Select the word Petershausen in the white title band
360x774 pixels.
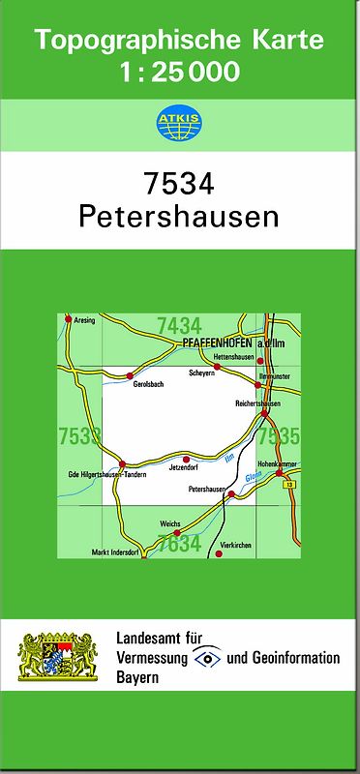click(x=179, y=216)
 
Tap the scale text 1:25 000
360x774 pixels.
click(x=179, y=71)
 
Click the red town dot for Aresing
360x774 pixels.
click(x=68, y=318)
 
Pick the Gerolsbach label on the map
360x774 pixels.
click(x=148, y=384)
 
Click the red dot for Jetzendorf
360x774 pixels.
click(x=186, y=459)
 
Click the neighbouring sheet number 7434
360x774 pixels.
click(x=179, y=325)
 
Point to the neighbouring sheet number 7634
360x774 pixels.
click(x=179, y=544)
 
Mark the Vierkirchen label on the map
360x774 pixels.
click(x=235, y=545)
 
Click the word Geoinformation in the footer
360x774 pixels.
click(x=296, y=658)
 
